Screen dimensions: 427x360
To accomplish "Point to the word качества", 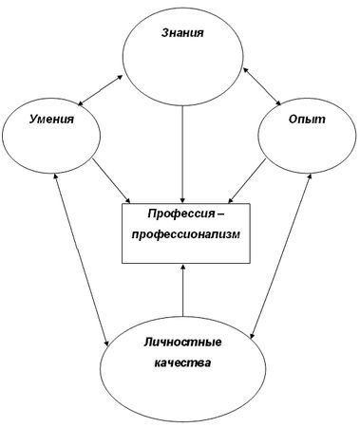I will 179,363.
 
